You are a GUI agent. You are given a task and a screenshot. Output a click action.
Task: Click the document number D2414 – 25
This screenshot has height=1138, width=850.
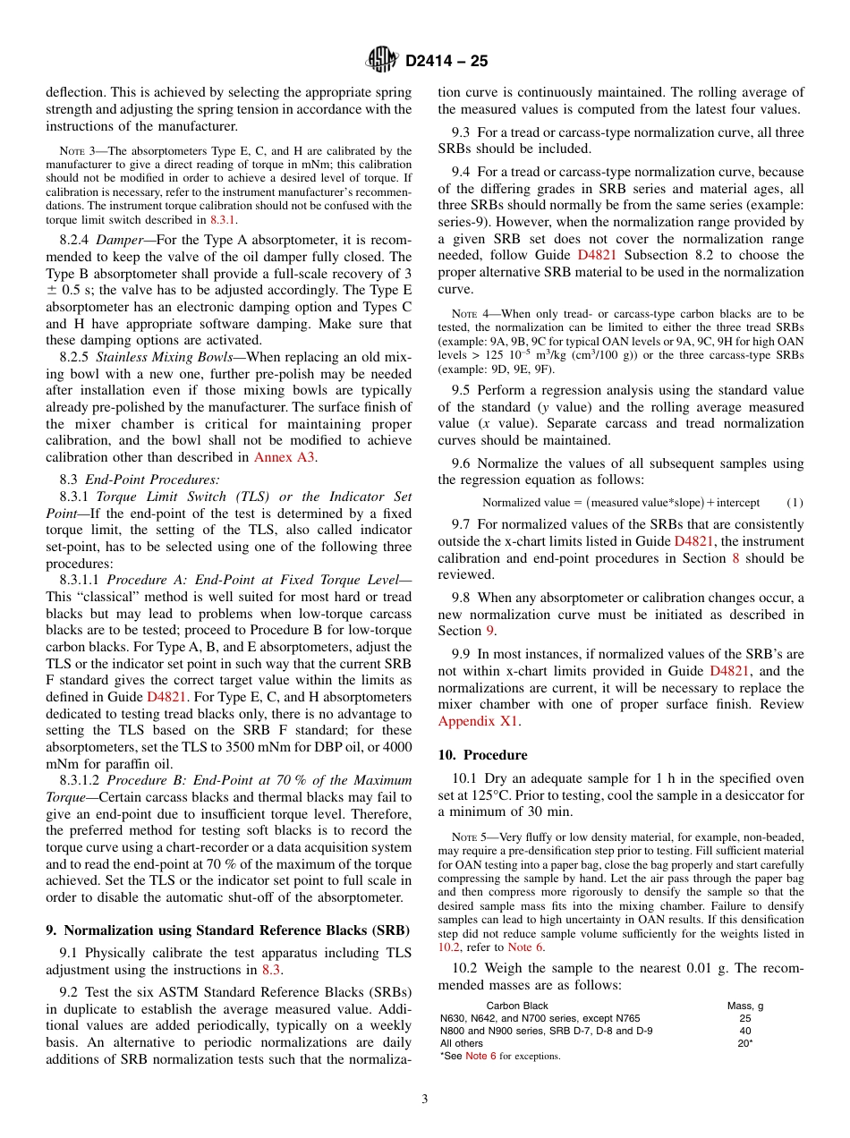click(x=446, y=62)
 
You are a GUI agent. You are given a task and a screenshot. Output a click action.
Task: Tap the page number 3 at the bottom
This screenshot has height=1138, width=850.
click(x=425, y=1099)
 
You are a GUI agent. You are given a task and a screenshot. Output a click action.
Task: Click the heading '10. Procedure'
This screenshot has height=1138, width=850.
click(x=482, y=755)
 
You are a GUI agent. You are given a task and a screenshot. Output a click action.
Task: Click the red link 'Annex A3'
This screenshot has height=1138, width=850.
click(x=285, y=457)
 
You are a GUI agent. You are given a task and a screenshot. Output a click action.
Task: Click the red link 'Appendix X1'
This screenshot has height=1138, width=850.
click(x=479, y=721)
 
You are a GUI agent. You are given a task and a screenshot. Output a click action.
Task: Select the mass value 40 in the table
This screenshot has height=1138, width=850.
click(x=745, y=1031)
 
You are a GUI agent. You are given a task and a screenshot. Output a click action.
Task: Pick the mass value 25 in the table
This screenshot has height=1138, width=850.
click(x=745, y=1018)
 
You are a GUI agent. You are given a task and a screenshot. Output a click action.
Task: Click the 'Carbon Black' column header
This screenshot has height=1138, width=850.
click(x=517, y=1006)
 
